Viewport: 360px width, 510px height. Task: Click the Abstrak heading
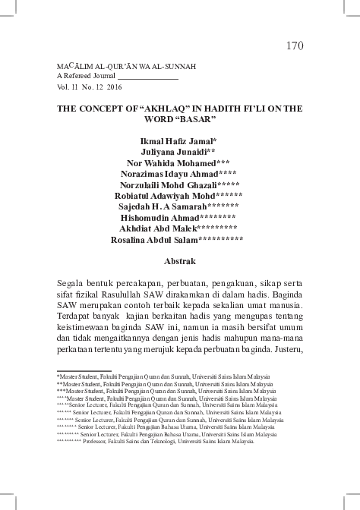coord(180,260)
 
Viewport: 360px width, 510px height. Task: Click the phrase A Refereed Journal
coord(84,77)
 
